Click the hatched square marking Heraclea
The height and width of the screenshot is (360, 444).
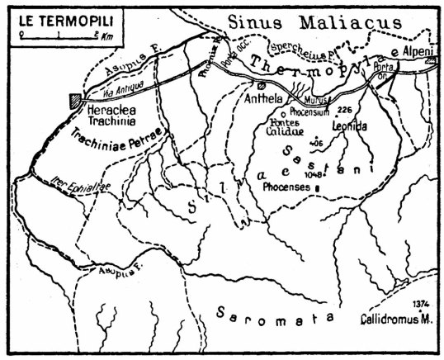coord(76,99)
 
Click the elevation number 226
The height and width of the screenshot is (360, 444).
coord(344,110)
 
